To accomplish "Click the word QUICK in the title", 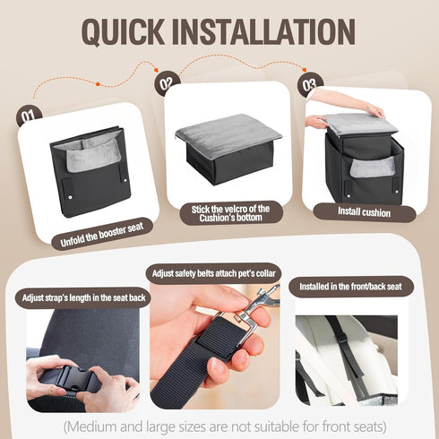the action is (x=123, y=31).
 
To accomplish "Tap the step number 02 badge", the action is (x=166, y=82).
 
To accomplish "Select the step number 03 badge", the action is (x=309, y=84).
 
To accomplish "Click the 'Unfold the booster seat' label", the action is (x=102, y=234).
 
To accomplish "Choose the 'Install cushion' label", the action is (x=364, y=212).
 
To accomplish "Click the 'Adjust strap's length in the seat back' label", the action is (x=83, y=297).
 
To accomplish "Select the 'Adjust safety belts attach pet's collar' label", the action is (x=213, y=273).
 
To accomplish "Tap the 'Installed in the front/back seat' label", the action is (x=350, y=287).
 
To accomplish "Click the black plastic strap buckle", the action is (x=76, y=379).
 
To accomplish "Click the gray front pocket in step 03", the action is (x=372, y=167).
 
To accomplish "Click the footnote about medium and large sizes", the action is (x=224, y=426).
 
